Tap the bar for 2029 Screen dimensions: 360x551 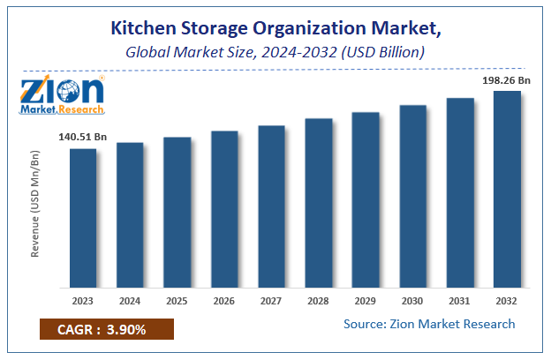[366, 199]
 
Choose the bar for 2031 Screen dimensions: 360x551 [460, 192]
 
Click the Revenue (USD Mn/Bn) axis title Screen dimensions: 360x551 [36, 204]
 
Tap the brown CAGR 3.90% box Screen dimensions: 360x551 [106, 330]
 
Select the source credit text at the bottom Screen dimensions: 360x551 [429, 324]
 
